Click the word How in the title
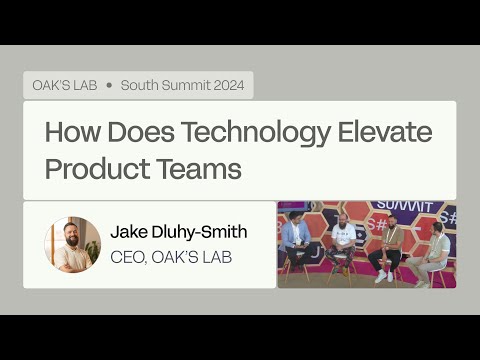pos(76,132)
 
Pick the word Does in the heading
pos(145,132)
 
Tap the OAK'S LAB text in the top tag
pos(64,84)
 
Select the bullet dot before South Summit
pos(109,84)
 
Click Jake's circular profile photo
pos(73,245)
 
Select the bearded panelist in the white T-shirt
pos(342,240)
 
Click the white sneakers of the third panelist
pos(384,276)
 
